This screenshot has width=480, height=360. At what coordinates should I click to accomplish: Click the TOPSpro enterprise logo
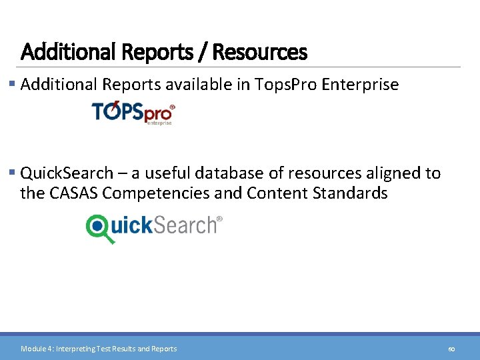133,113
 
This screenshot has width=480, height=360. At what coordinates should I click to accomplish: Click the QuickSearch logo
154,227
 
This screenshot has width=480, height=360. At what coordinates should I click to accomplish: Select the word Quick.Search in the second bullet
67,173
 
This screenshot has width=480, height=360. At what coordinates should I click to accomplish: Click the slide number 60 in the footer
451,349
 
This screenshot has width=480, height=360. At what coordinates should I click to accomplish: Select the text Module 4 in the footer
36,349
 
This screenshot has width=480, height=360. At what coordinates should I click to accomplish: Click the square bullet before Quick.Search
13,173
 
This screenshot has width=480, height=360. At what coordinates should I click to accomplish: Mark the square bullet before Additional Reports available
13,85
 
